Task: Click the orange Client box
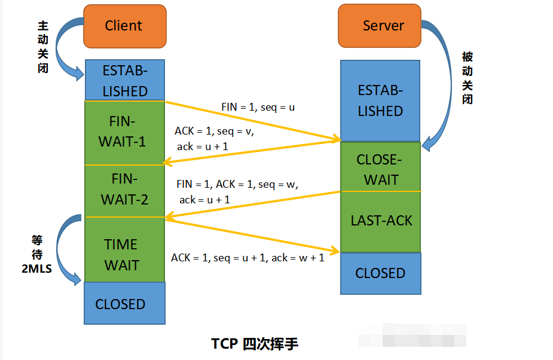[x=124, y=26]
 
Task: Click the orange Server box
[x=381, y=26]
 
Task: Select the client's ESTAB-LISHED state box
[x=124, y=80]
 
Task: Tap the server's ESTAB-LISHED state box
[x=380, y=100]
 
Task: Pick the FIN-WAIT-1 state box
[x=124, y=132]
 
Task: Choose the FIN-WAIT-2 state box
[x=124, y=190]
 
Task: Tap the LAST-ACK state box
[x=380, y=221]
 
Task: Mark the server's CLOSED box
[x=380, y=273]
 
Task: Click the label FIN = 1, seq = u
[x=258, y=107]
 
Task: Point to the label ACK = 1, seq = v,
[x=215, y=131]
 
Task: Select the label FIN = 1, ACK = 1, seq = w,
[x=237, y=185]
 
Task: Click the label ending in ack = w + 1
[x=248, y=258]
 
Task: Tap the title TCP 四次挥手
[x=255, y=344]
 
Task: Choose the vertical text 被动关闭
[x=468, y=78]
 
